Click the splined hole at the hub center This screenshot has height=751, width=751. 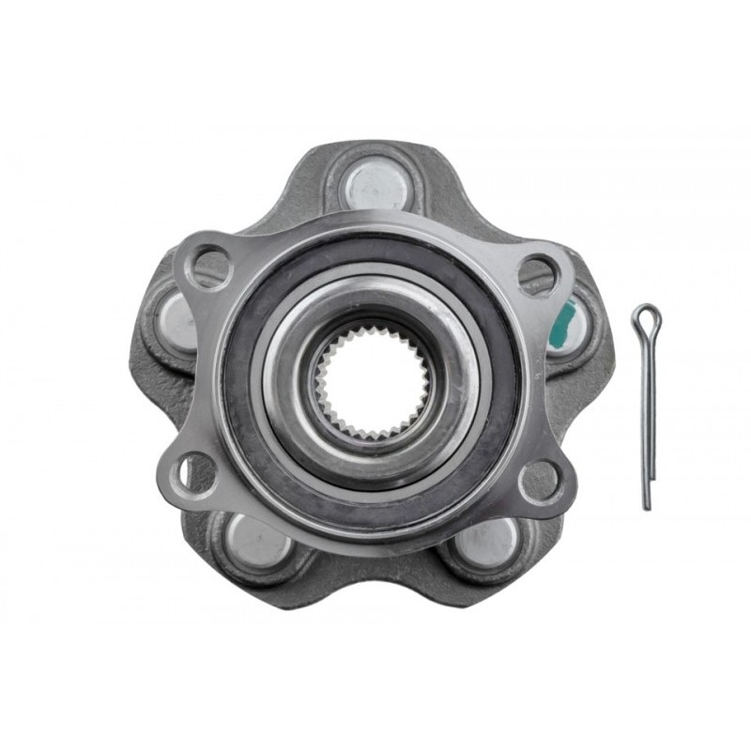371,383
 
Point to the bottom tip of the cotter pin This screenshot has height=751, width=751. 647,507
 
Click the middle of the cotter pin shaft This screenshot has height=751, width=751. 647,413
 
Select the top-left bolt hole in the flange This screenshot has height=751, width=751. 209,268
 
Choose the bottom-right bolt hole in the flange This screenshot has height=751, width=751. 542,480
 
